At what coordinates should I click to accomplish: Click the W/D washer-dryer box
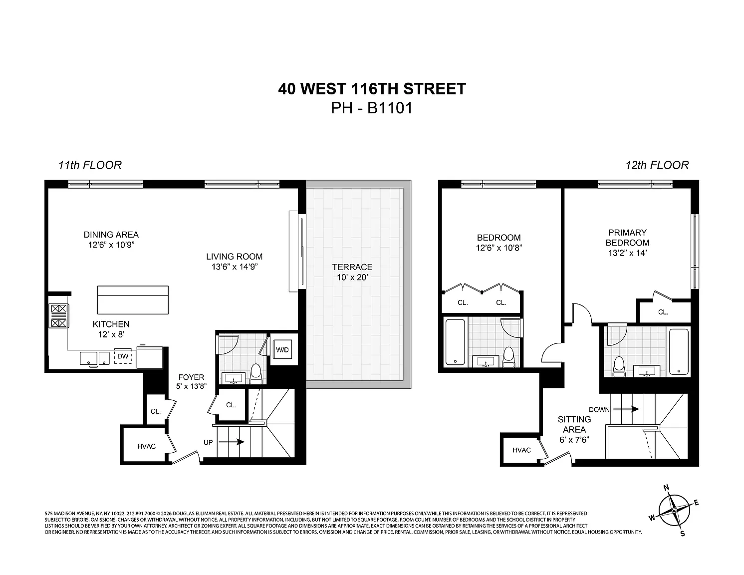(x=282, y=349)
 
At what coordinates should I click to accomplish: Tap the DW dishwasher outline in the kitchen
(x=123, y=356)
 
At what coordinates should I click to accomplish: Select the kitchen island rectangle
(x=133, y=300)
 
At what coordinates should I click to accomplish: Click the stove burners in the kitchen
(x=58, y=316)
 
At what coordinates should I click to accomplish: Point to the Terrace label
(x=352, y=267)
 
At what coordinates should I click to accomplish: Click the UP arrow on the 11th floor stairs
(x=232, y=442)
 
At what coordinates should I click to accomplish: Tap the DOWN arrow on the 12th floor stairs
(x=626, y=409)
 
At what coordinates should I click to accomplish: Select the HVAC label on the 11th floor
(x=146, y=446)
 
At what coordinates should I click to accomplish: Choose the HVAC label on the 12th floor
(x=521, y=450)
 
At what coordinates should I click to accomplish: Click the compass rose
(x=674, y=510)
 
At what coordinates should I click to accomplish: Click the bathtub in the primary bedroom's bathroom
(x=679, y=352)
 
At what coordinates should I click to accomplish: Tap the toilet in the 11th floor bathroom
(x=255, y=374)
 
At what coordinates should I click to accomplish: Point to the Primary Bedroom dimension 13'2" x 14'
(x=627, y=253)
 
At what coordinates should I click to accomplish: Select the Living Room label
(x=234, y=257)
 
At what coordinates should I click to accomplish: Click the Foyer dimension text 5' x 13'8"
(x=191, y=386)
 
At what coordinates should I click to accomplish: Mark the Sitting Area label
(x=574, y=424)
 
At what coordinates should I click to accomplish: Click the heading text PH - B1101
(x=372, y=108)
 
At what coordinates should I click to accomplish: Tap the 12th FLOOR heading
(x=657, y=165)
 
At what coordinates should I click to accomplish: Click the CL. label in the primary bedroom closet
(x=663, y=312)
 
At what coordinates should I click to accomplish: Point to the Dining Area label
(x=111, y=235)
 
